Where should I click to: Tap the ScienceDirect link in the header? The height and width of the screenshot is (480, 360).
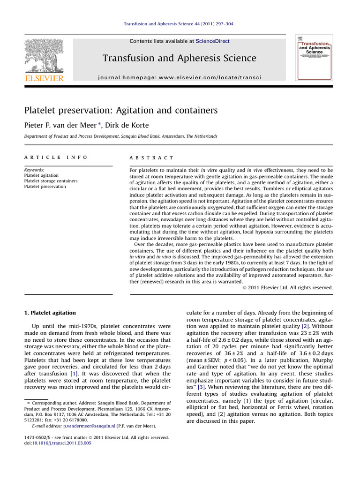(213, 41)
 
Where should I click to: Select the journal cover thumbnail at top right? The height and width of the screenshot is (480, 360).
(314, 57)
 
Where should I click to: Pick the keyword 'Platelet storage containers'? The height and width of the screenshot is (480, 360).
(51, 181)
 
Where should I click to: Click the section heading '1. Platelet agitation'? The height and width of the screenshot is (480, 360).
(49, 312)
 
